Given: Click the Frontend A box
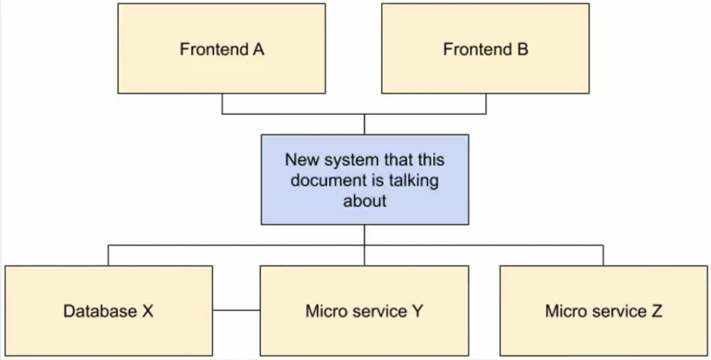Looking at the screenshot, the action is [x=222, y=49].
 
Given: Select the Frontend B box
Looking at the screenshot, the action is [x=486, y=49].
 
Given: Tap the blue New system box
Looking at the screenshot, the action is [x=365, y=180].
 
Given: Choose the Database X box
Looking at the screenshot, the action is [x=108, y=311].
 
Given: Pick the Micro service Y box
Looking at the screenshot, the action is [x=364, y=311].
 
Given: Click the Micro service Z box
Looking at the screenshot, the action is [x=604, y=311].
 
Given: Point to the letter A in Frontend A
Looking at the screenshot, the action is [x=259, y=50].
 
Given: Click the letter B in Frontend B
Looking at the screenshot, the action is [x=523, y=50].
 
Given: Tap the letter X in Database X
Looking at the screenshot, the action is [x=148, y=311].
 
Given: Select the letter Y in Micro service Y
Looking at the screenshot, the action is [x=418, y=311].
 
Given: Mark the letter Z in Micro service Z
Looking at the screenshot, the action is [x=656, y=311].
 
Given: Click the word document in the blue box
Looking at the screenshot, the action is [x=329, y=180].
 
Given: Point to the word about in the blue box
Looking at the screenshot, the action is [x=365, y=201].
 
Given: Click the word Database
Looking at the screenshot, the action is [x=100, y=311].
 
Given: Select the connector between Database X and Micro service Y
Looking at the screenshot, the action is [x=236, y=310].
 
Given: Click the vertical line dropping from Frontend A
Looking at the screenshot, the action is [x=222, y=104].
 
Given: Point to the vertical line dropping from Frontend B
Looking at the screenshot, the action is [x=486, y=104].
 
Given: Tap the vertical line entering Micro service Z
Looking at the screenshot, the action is [x=603, y=255].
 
